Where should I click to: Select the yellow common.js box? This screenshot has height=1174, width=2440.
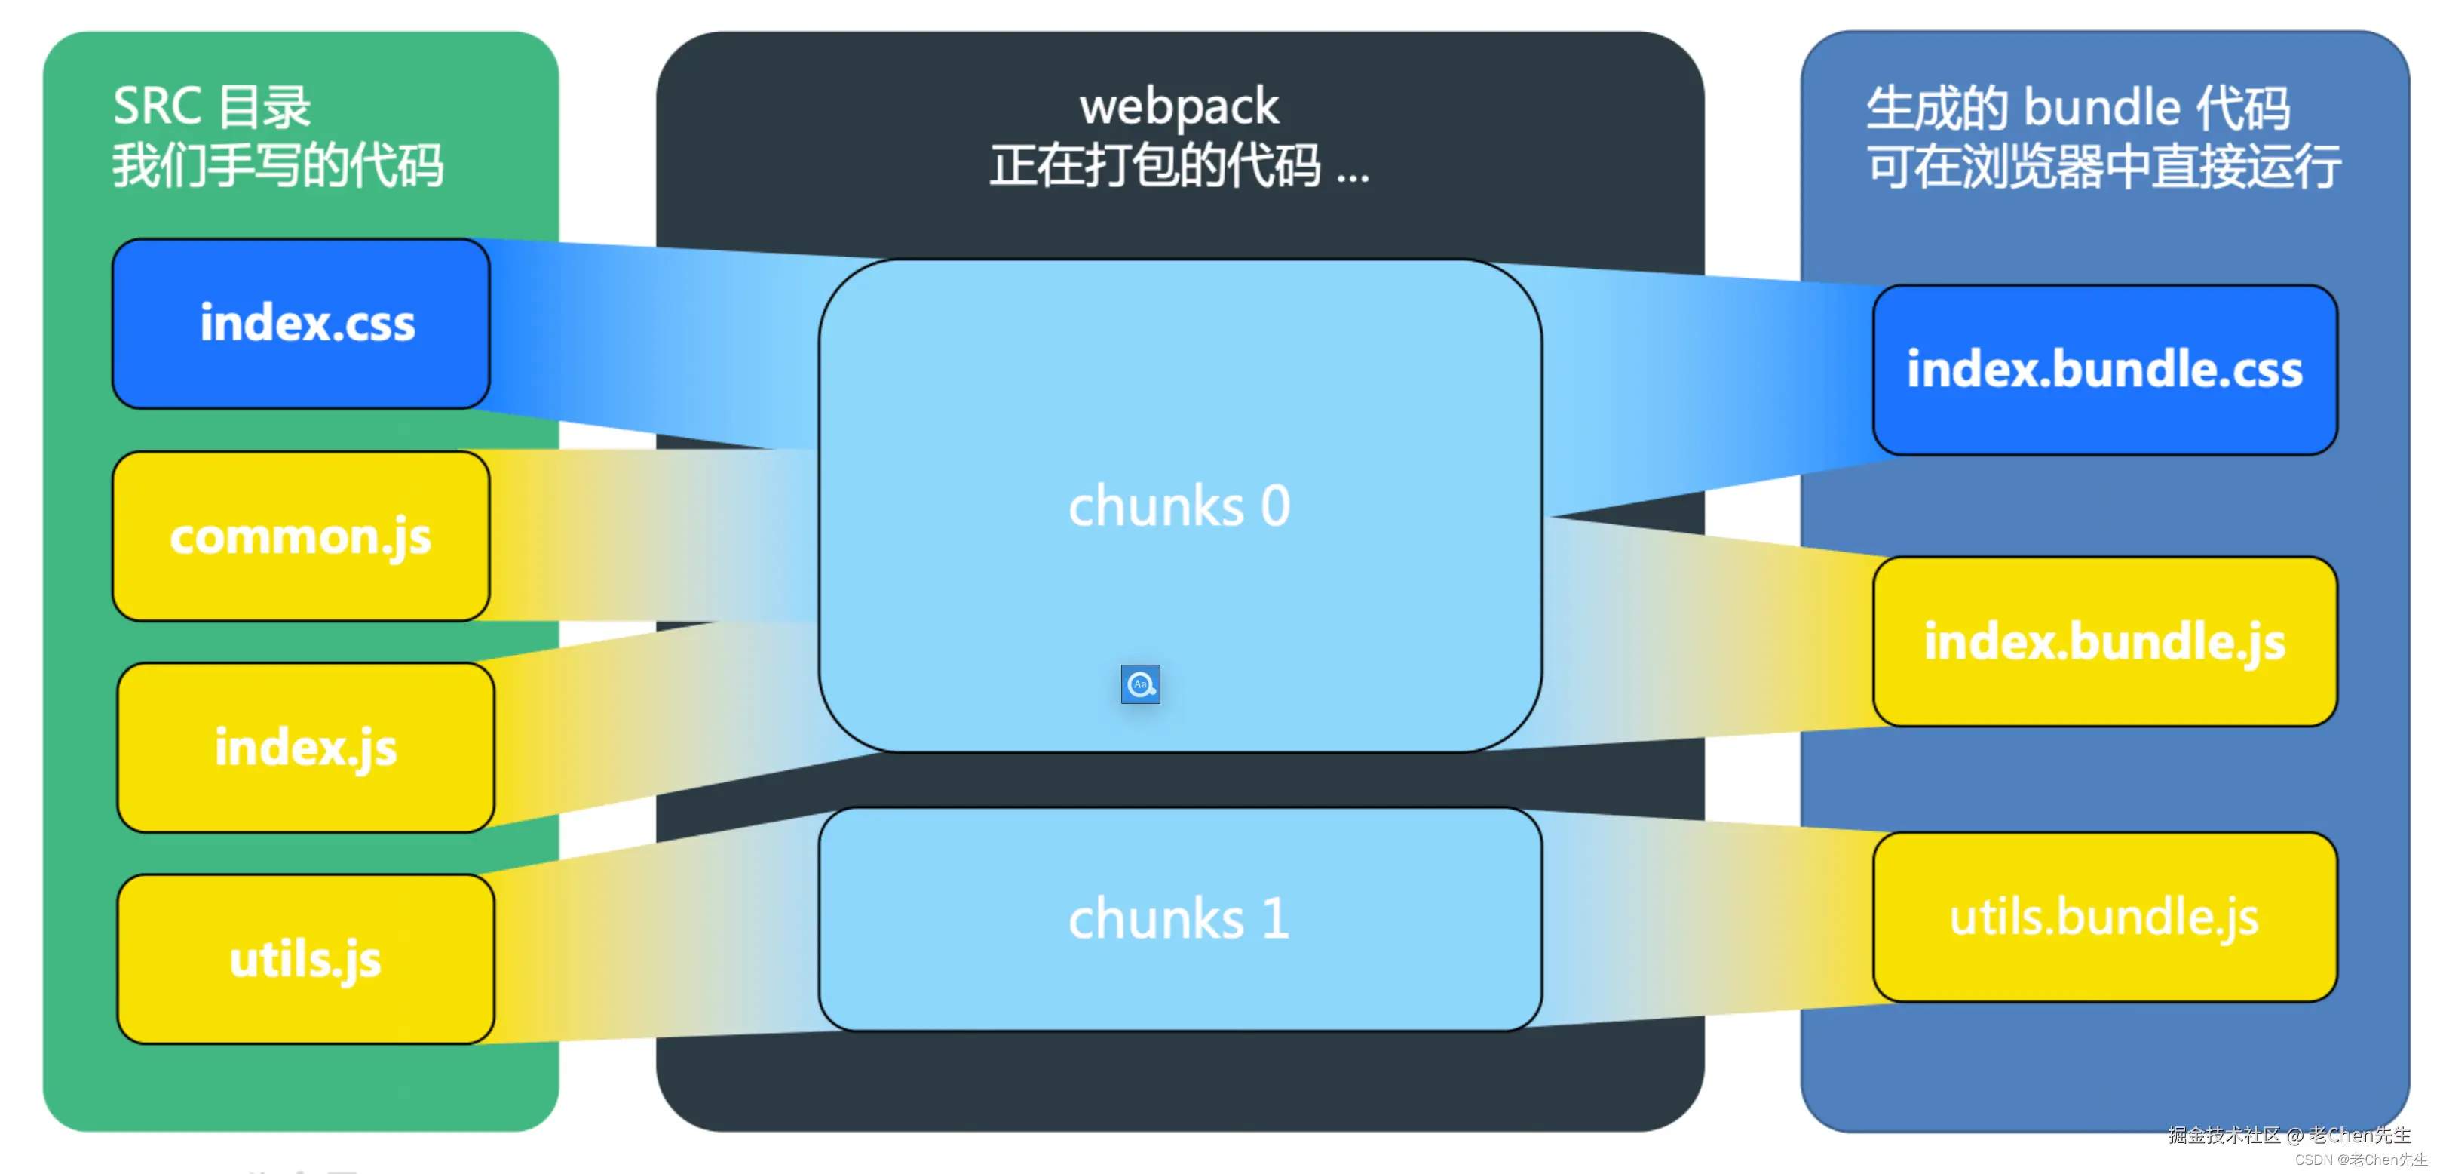click(x=301, y=536)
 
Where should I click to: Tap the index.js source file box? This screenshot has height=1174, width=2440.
click(x=305, y=748)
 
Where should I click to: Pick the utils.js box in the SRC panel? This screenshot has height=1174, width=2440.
click(x=305, y=959)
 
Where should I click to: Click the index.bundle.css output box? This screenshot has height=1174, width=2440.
click(x=2104, y=370)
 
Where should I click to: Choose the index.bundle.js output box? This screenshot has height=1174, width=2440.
click(x=2104, y=641)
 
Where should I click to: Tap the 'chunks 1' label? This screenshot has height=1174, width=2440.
click(x=1179, y=918)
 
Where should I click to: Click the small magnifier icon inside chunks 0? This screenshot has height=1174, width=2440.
click(x=1140, y=684)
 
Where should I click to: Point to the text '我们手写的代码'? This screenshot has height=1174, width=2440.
click(x=277, y=166)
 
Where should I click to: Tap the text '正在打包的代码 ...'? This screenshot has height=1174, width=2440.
click(x=1179, y=166)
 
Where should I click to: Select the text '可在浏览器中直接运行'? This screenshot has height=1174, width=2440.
click(x=2104, y=167)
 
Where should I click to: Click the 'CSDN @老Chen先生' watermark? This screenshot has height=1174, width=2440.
click(x=2360, y=1160)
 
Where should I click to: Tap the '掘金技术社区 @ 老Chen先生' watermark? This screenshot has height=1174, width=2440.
click(x=2288, y=1134)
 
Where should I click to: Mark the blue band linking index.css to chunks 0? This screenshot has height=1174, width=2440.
click(x=654, y=341)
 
